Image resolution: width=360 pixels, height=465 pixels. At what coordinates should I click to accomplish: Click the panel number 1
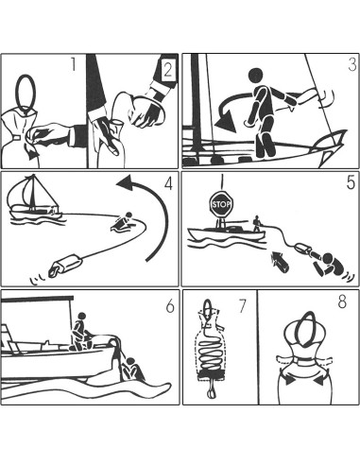point(73,64)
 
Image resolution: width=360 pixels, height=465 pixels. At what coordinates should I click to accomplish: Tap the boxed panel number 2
point(167,70)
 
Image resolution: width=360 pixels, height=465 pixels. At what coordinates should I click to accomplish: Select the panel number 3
point(352,64)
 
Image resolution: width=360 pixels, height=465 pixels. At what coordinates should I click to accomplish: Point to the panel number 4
point(169,183)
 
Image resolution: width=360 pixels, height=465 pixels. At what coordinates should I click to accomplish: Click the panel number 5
point(351,182)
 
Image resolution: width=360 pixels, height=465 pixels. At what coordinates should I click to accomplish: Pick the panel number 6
point(170,306)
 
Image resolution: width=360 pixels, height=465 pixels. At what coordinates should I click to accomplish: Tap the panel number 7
point(242,306)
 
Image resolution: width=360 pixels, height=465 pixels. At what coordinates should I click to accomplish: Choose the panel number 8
point(342,301)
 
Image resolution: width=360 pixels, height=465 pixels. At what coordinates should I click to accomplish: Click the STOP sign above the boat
point(221,204)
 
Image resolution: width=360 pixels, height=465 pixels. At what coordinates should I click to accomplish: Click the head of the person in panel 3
point(255,76)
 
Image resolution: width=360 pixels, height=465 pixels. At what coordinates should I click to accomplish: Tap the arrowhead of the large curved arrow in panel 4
point(126,182)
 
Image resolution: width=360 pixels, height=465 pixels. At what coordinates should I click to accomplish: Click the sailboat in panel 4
point(34,199)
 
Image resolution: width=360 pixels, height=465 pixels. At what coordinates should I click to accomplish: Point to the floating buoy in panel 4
point(65,266)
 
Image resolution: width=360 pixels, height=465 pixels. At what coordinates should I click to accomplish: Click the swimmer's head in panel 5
point(328,258)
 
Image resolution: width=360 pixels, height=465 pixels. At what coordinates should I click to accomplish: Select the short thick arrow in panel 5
point(280,261)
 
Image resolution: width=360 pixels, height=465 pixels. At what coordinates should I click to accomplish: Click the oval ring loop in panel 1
point(26,92)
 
